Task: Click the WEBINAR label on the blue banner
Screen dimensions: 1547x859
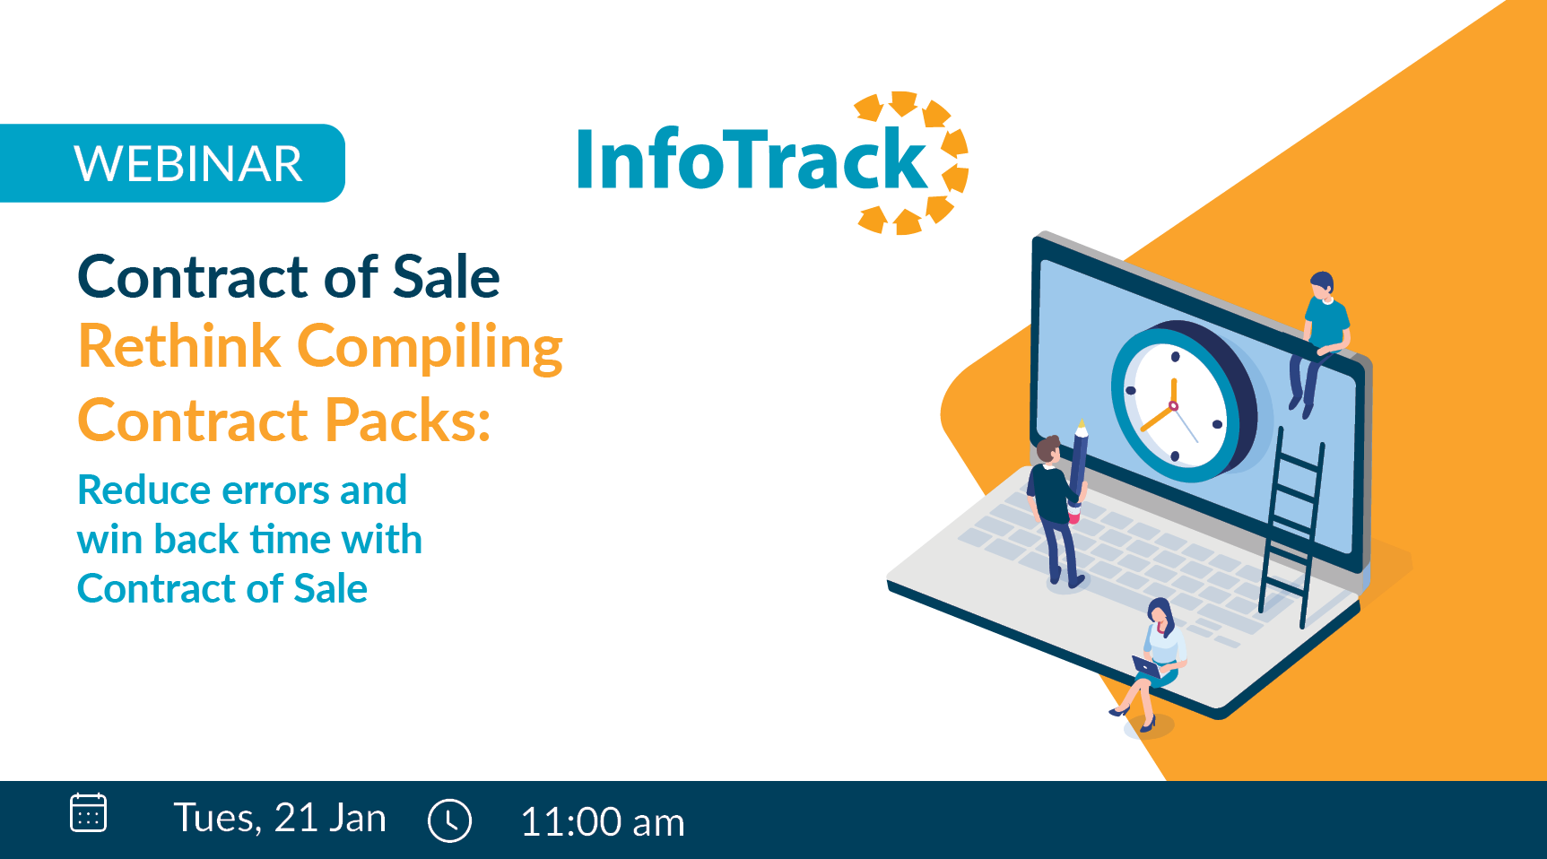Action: [x=188, y=164]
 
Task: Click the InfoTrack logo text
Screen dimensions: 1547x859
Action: [x=752, y=160]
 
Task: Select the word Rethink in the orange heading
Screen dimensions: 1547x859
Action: [x=179, y=346]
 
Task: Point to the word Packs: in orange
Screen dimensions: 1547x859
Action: [x=408, y=420]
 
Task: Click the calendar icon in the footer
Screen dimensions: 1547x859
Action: [x=88, y=813]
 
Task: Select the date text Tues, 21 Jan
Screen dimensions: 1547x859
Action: [x=280, y=818]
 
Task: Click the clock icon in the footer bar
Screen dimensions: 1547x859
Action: [x=449, y=820]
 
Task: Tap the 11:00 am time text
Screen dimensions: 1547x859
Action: [x=603, y=822]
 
